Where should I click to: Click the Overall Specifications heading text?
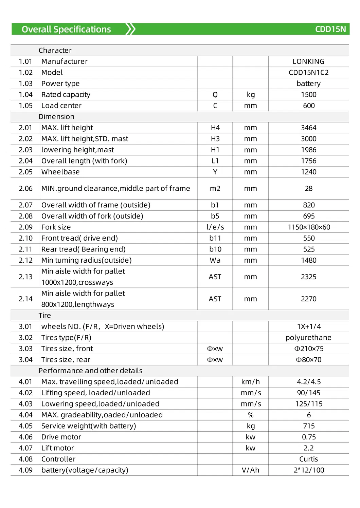[x=66, y=30]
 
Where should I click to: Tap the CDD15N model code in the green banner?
[x=330, y=29]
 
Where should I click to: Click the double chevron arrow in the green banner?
[x=131, y=29]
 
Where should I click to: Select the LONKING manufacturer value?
[x=308, y=61]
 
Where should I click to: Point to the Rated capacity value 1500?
[x=308, y=95]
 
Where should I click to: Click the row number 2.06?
[x=25, y=188]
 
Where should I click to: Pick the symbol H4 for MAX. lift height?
[x=215, y=128]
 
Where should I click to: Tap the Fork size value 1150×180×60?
[x=308, y=227]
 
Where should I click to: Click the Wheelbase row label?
[x=60, y=172]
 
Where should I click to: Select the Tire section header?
[x=44, y=316]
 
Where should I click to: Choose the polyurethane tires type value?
[x=308, y=338]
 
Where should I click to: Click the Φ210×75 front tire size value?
[x=308, y=349]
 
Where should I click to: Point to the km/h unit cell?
[x=250, y=382]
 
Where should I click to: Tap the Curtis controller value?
[x=308, y=459]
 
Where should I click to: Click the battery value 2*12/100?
[x=308, y=470]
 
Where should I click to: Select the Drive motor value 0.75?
[x=308, y=437]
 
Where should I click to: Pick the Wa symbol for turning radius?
[x=215, y=260]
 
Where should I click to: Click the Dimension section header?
[x=56, y=117]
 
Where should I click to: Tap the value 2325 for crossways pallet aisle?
[x=308, y=277]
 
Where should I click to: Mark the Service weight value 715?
[x=308, y=426]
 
